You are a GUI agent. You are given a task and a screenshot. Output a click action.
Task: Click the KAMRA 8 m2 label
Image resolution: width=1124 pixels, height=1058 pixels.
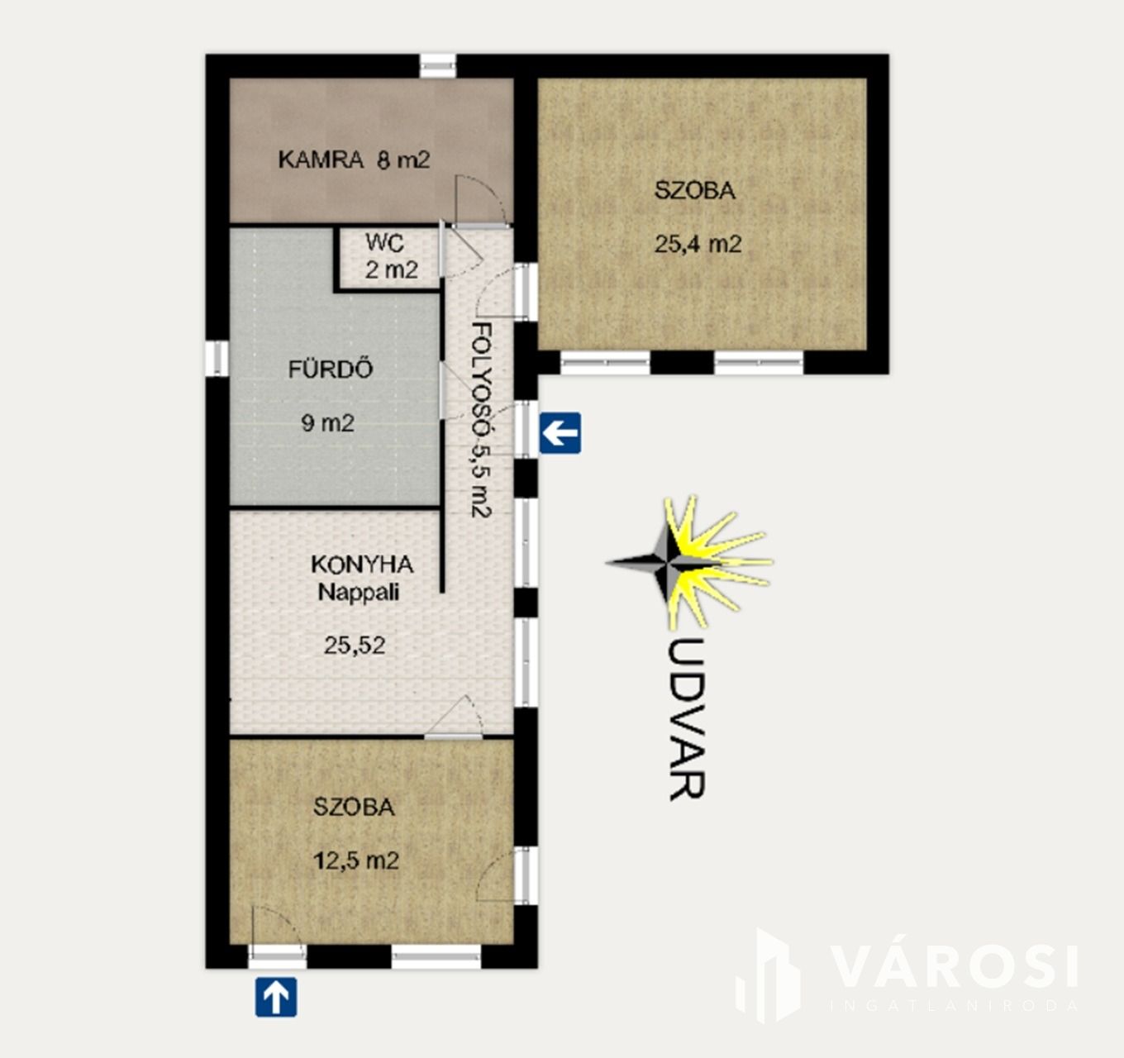tap(355, 160)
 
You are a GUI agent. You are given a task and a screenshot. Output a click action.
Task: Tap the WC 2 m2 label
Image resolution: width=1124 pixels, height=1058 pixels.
tap(391, 256)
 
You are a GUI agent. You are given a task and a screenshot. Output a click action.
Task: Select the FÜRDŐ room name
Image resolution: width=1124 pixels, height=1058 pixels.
tap(331, 369)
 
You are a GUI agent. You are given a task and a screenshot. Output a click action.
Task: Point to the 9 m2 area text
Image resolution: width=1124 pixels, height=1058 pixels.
tap(327, 423)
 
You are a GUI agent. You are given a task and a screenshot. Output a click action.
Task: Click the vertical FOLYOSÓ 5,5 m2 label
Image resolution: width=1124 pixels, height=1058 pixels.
tap(482, 420)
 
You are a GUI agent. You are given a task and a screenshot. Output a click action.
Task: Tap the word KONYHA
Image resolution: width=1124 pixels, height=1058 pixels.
tap(362, 565)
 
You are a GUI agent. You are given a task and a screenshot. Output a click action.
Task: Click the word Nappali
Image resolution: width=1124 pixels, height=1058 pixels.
tap(359, 593)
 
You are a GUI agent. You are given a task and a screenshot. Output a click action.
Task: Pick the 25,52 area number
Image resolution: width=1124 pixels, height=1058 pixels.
tap(355, 646)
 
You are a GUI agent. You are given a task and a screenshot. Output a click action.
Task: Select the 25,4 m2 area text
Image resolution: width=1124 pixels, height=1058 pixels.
tap(698, 245)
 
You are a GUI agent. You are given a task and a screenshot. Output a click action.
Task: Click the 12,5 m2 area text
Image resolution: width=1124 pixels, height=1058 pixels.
tap(356, 861)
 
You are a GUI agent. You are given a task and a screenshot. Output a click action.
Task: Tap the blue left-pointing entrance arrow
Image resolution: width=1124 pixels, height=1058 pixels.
tap(560, 433)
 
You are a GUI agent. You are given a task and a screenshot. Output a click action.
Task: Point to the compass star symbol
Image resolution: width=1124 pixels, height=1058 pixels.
tap(689, 563)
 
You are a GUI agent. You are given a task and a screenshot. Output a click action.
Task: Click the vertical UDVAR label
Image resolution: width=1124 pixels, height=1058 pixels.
tap(687, 719)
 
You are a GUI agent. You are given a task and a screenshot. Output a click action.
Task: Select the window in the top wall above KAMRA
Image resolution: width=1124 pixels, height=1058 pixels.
tap(438, 65)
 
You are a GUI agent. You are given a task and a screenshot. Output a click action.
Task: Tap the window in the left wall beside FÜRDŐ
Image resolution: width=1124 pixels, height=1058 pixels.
tap(217, 358)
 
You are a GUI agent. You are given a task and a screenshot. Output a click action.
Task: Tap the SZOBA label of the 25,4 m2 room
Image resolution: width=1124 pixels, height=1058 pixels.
tap(695, 191)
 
